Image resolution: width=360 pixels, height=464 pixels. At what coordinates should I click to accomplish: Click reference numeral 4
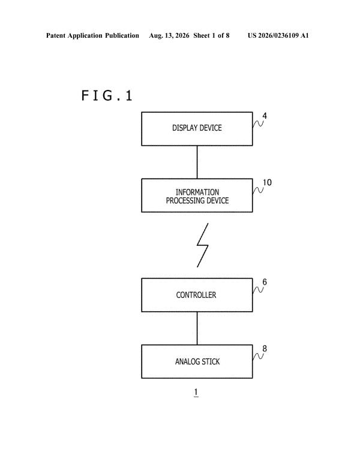tap(265, 116)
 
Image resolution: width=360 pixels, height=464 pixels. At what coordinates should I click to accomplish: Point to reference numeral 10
tap(267, 182)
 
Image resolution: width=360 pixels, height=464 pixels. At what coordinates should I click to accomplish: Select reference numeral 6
tap(265, 282)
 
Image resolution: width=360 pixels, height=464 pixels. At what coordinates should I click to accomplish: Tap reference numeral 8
tap(265, 348)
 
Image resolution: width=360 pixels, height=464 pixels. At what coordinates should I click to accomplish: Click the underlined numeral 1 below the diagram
tap(196, 393)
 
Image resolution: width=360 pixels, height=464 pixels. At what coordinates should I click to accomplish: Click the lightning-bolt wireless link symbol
tap(203, 245)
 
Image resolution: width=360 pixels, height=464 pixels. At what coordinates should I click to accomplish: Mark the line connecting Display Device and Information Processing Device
tap(197, 162)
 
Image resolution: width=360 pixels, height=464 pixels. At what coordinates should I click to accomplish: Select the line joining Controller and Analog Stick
tap(197, 328)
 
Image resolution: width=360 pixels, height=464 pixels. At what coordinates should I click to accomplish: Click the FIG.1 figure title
tap(107, 95)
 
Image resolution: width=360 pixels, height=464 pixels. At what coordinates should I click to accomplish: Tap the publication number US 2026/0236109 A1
tap(278, 35)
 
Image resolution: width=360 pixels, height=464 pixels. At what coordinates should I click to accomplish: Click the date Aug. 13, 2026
tap(169, 36)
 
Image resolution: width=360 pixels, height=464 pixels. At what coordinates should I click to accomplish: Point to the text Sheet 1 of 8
tap(211, 35)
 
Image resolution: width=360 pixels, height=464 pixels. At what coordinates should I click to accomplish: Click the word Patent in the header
tap(56, 35)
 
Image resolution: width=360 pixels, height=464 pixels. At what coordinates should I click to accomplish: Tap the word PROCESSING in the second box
tap(184, 200)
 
